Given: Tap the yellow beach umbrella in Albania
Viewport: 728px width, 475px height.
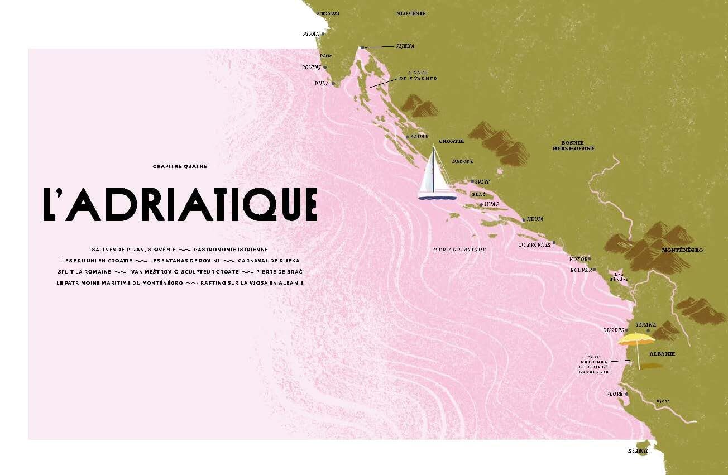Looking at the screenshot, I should click(636, 339).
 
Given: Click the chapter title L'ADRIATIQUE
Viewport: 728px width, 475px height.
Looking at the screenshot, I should click(180, 204).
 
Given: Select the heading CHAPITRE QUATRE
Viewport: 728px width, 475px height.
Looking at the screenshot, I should click(175, 166).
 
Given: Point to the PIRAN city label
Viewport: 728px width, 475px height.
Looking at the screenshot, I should click(312, 34).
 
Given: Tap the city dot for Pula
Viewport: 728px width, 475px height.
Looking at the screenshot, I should click(334, 84).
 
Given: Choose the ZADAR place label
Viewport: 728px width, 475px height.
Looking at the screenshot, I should click(419, 136).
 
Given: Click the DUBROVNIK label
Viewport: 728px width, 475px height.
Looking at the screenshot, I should click(535, 244).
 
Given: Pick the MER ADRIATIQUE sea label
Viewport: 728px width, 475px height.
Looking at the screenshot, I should click(459, 250).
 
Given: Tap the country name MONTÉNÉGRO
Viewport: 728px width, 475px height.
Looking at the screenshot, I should click(682, 250).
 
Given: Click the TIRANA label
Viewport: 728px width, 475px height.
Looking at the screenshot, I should click(646, 324).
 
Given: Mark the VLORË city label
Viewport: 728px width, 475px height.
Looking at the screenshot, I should click(614, 394).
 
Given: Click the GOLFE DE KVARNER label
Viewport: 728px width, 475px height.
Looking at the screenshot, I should click(422, 76).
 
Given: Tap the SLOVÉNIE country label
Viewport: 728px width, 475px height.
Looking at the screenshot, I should click(411, 13).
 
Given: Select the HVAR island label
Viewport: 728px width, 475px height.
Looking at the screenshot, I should click(492, 205).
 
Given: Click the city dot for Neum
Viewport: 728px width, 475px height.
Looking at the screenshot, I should click(523, 220).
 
